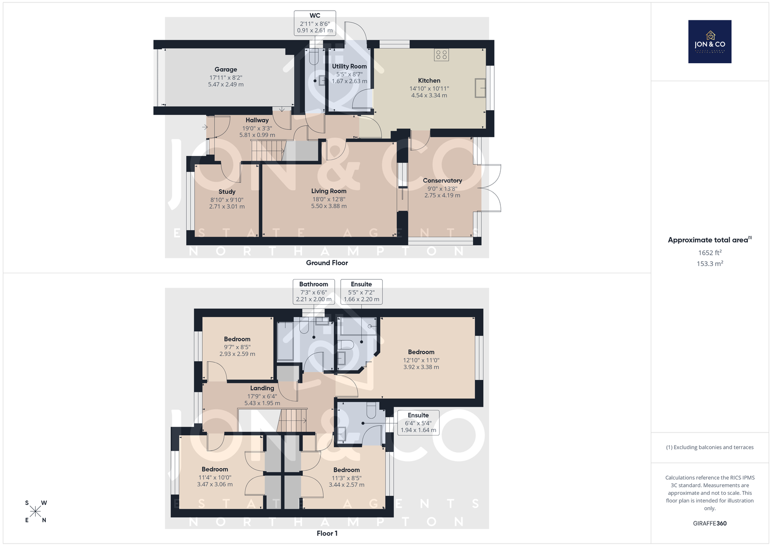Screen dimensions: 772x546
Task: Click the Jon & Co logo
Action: click(x=710, y=42)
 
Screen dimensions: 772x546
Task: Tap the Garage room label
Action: click(x=226, y=70)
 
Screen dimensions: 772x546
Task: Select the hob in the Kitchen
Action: click(x=441, y=55)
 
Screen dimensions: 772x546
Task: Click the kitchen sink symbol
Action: click(x=480, y=88)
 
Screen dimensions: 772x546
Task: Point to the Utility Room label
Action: click(x=349, y=66)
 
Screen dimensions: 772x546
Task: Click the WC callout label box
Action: click(x=315, y=23)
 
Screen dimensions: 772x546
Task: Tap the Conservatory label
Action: click(x=442, y=181)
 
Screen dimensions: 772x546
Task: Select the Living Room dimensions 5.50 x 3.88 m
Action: click(x=329, y=206)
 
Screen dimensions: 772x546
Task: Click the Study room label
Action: click(x=227, y=192)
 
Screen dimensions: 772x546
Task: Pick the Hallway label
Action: click(x=257, y=120)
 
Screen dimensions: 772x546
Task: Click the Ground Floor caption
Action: click(x=327, y=263)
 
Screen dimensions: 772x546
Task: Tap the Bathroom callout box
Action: click(x=314, y=292)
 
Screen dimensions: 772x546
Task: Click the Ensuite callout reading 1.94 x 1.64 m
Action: click(x=418, y=423)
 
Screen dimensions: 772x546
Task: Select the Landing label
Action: click(x=262, y=388)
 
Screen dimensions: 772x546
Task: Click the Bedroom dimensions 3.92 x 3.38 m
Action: click(x=421, y=367)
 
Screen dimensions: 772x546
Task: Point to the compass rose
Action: click(x=36, y=511)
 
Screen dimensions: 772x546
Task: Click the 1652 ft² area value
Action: click(x=710, y=252)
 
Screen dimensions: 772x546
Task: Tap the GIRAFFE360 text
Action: click(x=710, y=523)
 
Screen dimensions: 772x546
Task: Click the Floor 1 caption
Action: click(x=327, y=533)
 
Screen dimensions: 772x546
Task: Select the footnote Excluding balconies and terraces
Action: click(x=710, y=448)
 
